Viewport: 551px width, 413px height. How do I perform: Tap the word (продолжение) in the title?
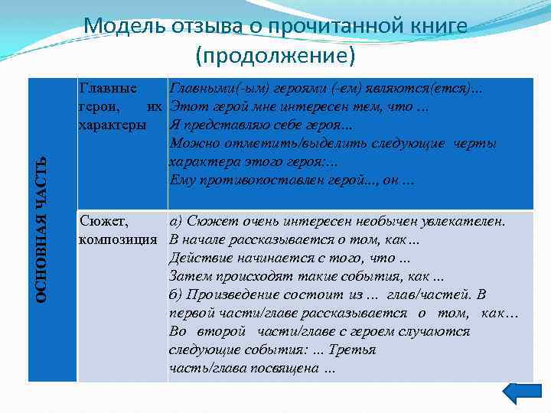[275, 56]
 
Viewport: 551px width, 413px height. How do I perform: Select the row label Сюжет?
[103, 222]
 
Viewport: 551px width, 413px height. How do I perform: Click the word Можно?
[191, 143]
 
